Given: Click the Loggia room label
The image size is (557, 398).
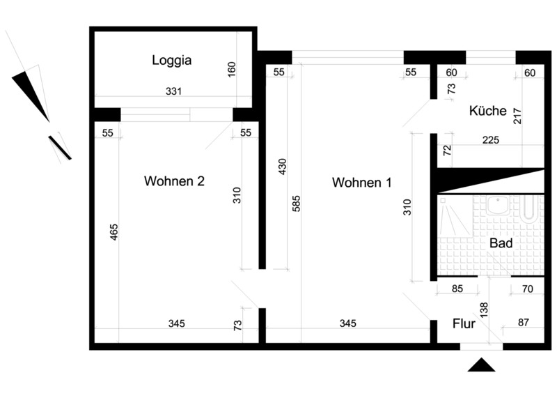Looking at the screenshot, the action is click(x=172, y=61).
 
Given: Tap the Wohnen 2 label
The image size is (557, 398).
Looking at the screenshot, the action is click(x=174, y=181).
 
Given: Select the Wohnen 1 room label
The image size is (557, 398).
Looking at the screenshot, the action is click(x=361, y=183).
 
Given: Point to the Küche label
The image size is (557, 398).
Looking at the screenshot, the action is click(x=488, y=111).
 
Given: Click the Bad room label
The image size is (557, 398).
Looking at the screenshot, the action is click(x=501, y=243).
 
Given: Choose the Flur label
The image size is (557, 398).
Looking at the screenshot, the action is click(x=464, y=323).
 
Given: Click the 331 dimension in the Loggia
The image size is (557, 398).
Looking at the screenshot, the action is click(x=173, y=91).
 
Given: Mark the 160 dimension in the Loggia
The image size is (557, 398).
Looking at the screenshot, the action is click(x=231, y=70).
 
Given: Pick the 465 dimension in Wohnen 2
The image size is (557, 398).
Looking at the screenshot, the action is click(x=113, y=232).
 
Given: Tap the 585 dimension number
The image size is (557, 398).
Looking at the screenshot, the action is click(x=297, y=204).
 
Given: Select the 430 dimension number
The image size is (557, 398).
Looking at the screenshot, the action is click(x=282, y=167).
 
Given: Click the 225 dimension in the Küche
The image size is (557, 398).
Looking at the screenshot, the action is click(x=491, y=140).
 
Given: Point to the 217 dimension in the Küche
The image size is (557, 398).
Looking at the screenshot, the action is click(x=517, y=116).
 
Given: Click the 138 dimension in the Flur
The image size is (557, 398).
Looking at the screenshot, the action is click(x=484, y=309).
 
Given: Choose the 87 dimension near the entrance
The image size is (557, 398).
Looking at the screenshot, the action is click(x=524, y=322).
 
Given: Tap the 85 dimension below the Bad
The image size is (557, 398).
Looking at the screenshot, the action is click(x=457, y=289).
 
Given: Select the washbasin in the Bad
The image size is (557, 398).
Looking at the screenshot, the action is click(x=498, y=205).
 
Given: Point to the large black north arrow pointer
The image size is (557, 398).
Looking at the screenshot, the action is click(x=32, y=95).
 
